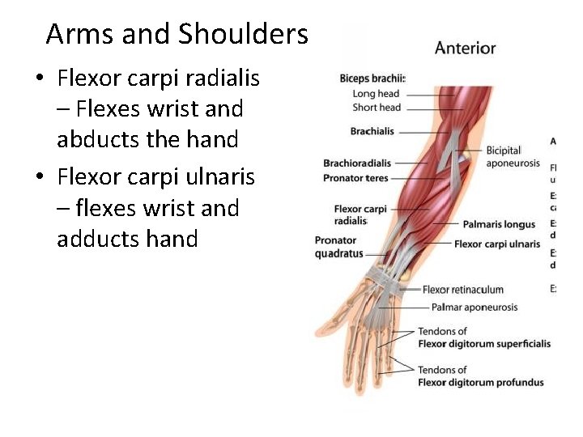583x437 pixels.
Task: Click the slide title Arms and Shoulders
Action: [177, 35]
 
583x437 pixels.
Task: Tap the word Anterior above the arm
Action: [465, 48]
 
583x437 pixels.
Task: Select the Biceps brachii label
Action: [372, 78]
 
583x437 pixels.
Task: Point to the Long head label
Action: [377, 93]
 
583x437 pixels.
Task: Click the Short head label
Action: [377, 107]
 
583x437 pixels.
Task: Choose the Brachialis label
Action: [372, 131]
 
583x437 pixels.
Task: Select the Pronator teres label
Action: [355, 178]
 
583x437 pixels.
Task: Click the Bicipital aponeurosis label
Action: [512, 157]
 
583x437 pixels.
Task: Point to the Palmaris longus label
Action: [499, 224]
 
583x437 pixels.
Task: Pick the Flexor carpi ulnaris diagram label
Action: [496, 244]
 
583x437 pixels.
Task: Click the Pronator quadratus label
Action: [338, 247]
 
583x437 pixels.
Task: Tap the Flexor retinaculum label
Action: [462, 290]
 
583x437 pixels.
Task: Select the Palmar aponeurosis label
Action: [474, 308]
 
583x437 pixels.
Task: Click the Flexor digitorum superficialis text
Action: [483, 344]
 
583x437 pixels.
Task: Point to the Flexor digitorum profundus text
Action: [480, 382]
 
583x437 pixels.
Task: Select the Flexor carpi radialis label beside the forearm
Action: [360, 215]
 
